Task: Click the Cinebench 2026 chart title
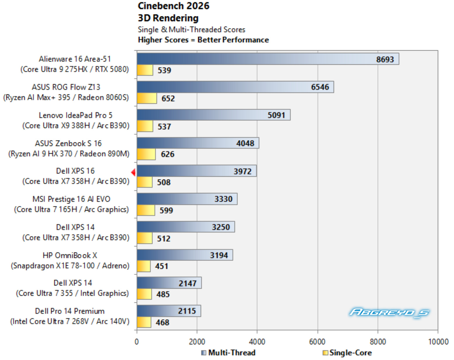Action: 174,6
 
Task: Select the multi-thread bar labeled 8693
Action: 268,59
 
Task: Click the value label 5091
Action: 276,115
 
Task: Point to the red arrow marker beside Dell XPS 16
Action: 133,172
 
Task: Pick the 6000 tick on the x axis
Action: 317,342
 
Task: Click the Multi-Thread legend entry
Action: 228,353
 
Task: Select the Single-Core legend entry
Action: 347,353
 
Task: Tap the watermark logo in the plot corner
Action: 389,312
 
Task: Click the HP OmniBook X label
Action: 70,255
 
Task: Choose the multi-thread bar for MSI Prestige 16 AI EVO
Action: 187,199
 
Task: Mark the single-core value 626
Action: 167,154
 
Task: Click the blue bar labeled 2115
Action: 169,311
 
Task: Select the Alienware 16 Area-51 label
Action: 75,59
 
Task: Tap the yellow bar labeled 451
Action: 144,266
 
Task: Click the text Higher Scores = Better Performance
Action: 203,40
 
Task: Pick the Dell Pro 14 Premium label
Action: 70,311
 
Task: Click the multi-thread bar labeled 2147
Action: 169,283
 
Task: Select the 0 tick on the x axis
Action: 137,342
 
